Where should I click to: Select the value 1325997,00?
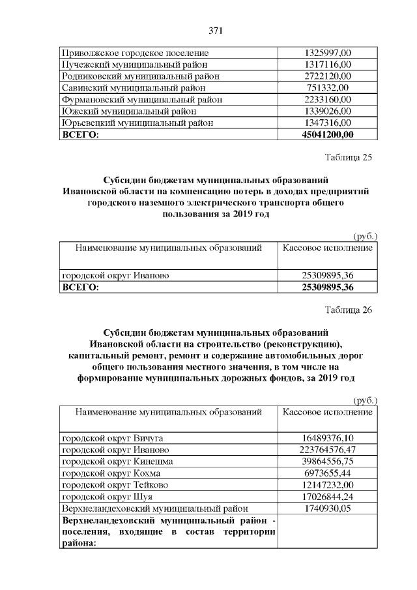click(328, 52)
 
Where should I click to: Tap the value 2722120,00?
click(328, 76)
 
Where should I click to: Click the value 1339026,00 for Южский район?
click(328, 111)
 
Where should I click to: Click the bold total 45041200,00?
click(328, 134)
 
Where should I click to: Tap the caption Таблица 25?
click(348, 157)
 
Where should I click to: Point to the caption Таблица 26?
click(348, 310)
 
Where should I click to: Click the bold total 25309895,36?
click(328, 287)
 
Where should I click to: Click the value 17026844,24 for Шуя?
click(328, 497)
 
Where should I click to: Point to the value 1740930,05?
click(328, 509)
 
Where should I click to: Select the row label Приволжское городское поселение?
click(134, 52)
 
